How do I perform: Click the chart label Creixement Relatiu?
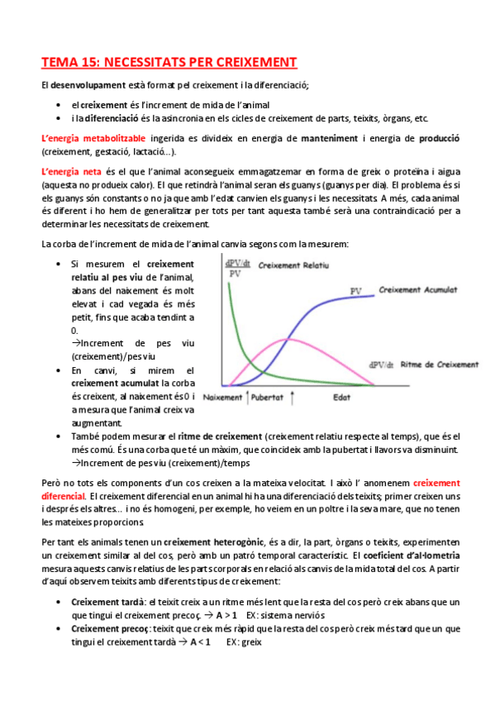[293, 265]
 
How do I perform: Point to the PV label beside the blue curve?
[356, 291]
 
